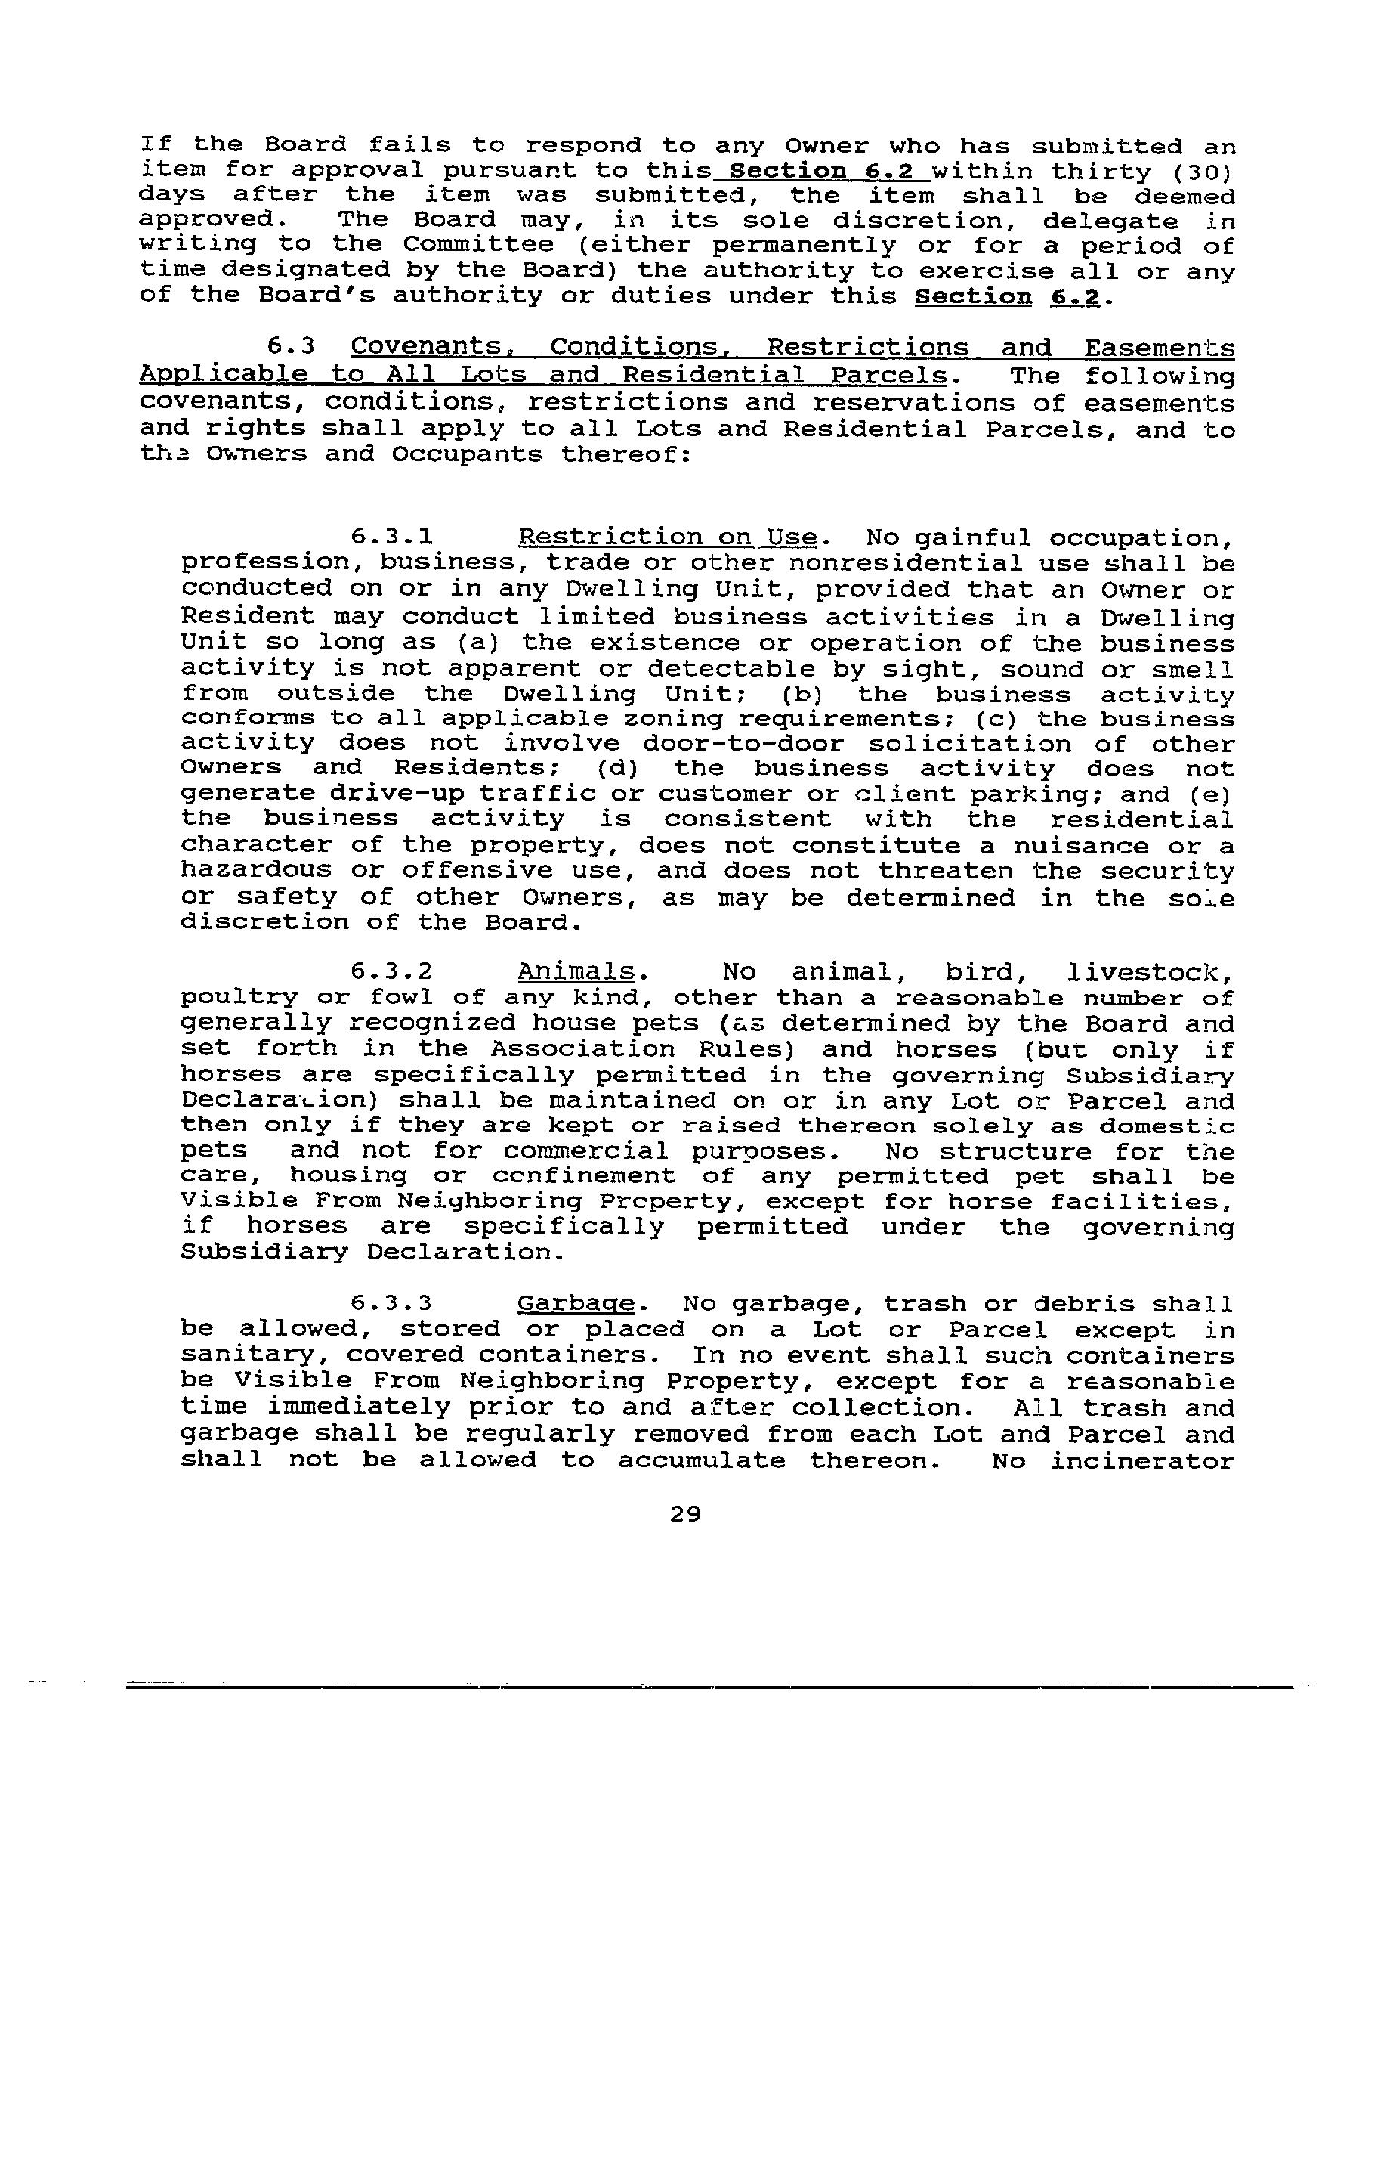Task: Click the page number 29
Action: [x=686, y=1514]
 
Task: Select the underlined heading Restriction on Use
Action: [x=667, y=538]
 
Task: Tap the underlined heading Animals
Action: [x=576, y=972]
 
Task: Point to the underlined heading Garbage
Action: [x=576, y=1305]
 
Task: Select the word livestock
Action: [x=1149, y=973]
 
